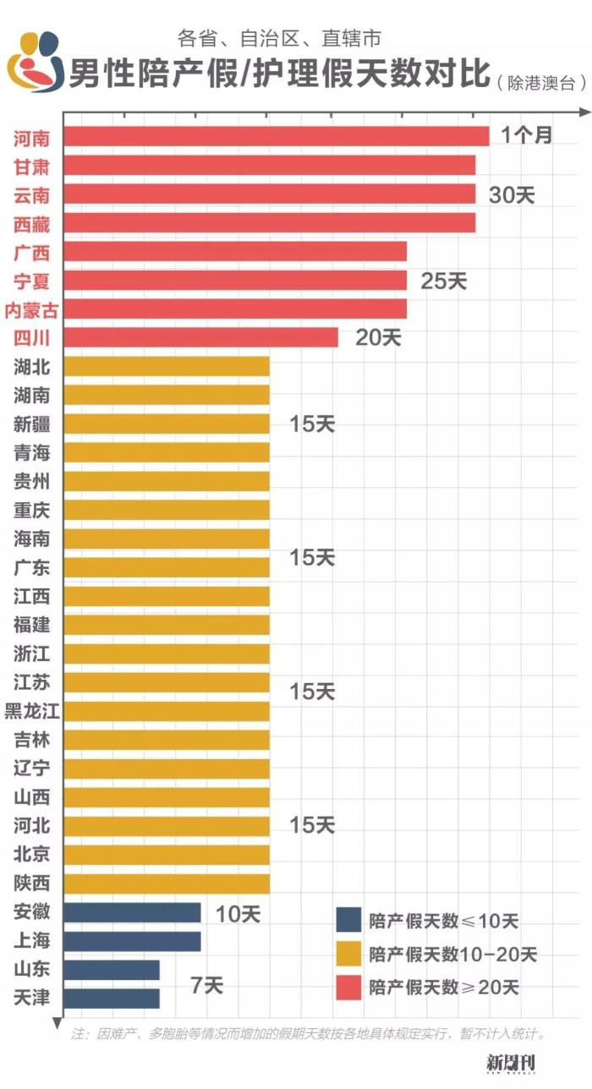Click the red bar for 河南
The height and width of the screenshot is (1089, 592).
277,136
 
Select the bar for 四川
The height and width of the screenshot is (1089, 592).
201,337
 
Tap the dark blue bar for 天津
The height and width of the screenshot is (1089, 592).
112,999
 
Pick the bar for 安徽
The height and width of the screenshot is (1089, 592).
132,912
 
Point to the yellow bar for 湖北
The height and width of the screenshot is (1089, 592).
167,366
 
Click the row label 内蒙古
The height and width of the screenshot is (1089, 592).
32,309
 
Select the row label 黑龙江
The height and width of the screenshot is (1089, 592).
32,711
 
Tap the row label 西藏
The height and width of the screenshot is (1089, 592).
32,223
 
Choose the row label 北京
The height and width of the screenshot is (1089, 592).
32,855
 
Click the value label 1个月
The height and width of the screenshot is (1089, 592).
525,135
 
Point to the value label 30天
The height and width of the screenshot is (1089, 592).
512,194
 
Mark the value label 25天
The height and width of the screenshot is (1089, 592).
443,281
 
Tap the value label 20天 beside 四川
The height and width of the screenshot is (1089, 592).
377,337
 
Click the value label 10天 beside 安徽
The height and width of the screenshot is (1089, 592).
238,913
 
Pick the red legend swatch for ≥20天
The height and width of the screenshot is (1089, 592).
348,987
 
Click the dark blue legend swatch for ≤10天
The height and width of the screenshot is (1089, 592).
348,921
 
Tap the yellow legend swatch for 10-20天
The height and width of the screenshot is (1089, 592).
348,954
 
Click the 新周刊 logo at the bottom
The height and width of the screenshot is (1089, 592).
512,1064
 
